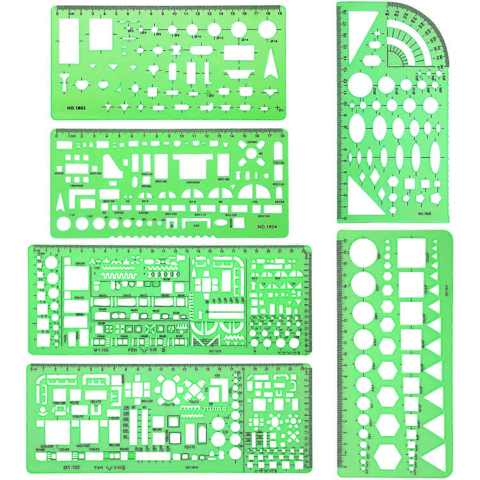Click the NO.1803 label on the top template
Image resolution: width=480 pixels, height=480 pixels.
tap(76, 108)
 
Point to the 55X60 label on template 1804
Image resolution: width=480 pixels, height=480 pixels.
tap(252, 142)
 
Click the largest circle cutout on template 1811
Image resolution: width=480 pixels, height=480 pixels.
tap(363, 251)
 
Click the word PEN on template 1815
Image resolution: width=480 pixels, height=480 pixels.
tap(132, 350)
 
